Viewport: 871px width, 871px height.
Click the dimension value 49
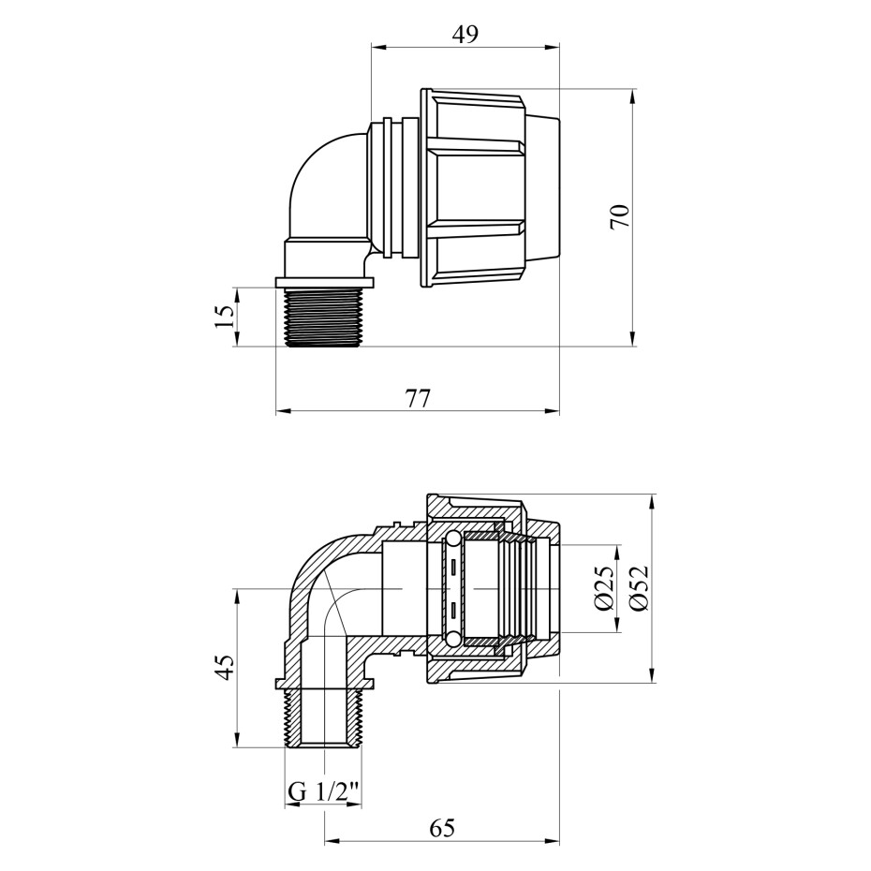pos(465,35)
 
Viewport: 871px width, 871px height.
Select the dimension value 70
pos(620,216)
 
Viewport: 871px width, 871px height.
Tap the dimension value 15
pos(225,317)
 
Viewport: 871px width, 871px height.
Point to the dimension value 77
pos(418,398)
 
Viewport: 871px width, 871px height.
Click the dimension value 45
pos(225,667)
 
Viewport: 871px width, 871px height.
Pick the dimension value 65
pos(442,828)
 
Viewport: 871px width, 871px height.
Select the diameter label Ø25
pos(604,588)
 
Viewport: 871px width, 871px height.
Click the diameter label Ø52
pos(639,588)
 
